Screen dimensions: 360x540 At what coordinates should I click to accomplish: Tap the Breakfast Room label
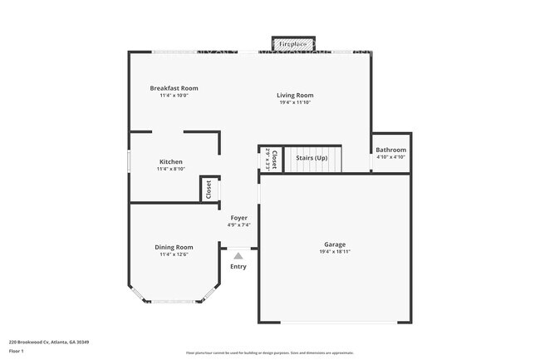174,88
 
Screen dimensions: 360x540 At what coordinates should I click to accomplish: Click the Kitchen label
171,161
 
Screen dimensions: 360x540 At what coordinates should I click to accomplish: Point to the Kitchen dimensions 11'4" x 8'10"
171,169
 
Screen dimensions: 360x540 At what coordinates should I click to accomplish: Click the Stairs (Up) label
312,158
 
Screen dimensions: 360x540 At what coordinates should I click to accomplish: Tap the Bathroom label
390,150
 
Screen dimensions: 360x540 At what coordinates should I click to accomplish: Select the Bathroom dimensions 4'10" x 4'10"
390,157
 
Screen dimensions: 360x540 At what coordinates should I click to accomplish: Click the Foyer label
238,218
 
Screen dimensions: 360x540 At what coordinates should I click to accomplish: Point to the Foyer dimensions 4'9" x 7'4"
238,225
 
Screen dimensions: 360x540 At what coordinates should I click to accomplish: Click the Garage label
335,244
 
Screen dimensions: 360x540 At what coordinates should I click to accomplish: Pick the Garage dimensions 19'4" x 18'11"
335,252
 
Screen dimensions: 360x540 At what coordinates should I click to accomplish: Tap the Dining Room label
174,247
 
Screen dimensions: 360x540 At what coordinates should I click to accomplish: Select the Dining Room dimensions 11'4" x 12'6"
174,254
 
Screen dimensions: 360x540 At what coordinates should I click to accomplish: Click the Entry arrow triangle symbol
238,256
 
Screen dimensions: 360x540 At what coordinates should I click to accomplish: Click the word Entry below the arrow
238,267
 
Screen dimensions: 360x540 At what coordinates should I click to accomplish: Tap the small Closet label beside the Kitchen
209,189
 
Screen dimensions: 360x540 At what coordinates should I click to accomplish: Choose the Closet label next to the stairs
274,159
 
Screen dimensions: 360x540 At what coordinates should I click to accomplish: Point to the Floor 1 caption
17,351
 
